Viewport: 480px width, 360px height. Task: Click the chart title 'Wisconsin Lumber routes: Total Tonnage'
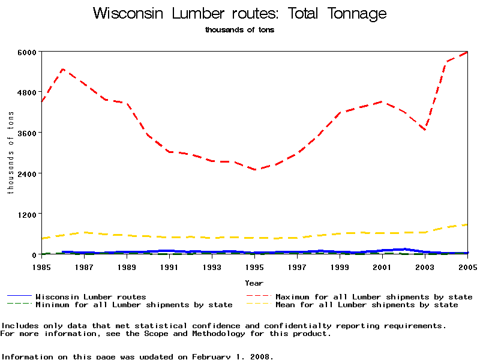tap(240, 14)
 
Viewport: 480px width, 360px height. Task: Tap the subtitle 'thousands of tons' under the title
tap(239, 29)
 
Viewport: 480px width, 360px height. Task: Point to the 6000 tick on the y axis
tap(28, 52)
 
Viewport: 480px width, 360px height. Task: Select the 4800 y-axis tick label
tap(28, 92)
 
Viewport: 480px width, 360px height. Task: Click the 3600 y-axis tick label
tap(28, 133)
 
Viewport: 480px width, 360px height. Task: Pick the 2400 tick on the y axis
tap(28, 173)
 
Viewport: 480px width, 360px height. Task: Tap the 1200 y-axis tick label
tap(28, 214)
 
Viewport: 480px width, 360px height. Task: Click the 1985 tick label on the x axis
tap(41, 266)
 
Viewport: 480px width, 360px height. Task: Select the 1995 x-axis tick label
tap(254, 266)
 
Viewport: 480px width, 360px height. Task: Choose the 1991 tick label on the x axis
tap(169, 266)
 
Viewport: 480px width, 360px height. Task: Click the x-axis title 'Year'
tap(254, 283)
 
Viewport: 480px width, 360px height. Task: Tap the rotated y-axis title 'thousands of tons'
tap(10, 153)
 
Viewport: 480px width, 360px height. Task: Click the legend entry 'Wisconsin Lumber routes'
tap(91, 296)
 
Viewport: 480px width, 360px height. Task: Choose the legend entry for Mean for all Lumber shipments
tap(366, 305)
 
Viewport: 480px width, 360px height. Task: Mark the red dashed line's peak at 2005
tap(467, 52)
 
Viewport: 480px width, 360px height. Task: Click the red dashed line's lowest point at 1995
tap(254, 170)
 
